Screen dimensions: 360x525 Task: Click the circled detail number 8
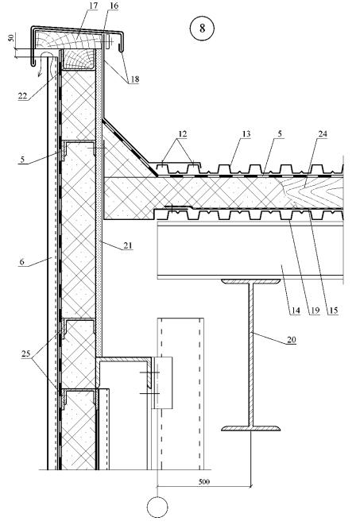point(202,28)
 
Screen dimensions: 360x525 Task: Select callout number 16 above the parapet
point(113,6)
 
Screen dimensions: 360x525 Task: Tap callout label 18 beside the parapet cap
point(134,79)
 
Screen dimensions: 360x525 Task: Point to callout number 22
point(23,96)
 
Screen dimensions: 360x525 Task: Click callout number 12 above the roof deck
point(182,134)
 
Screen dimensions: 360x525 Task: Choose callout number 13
point(246,134)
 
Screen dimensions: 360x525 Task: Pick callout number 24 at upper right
point(322,134)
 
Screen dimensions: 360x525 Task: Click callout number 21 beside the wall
point(128,245)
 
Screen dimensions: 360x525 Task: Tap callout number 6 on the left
point(21,261)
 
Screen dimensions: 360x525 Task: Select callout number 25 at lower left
point(25,353)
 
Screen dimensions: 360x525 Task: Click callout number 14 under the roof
point(295,311)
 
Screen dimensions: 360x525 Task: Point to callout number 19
point(315,311)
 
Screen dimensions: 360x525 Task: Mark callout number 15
point(334,311)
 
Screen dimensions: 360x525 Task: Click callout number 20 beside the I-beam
point(292,340)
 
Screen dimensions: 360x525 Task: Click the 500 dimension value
point(204,481)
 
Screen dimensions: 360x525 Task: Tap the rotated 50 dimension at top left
point(11,37)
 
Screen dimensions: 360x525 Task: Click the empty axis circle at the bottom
point(157,507)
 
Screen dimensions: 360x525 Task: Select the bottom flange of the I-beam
point(250,428)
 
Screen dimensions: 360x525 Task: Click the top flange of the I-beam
point(250,282)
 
